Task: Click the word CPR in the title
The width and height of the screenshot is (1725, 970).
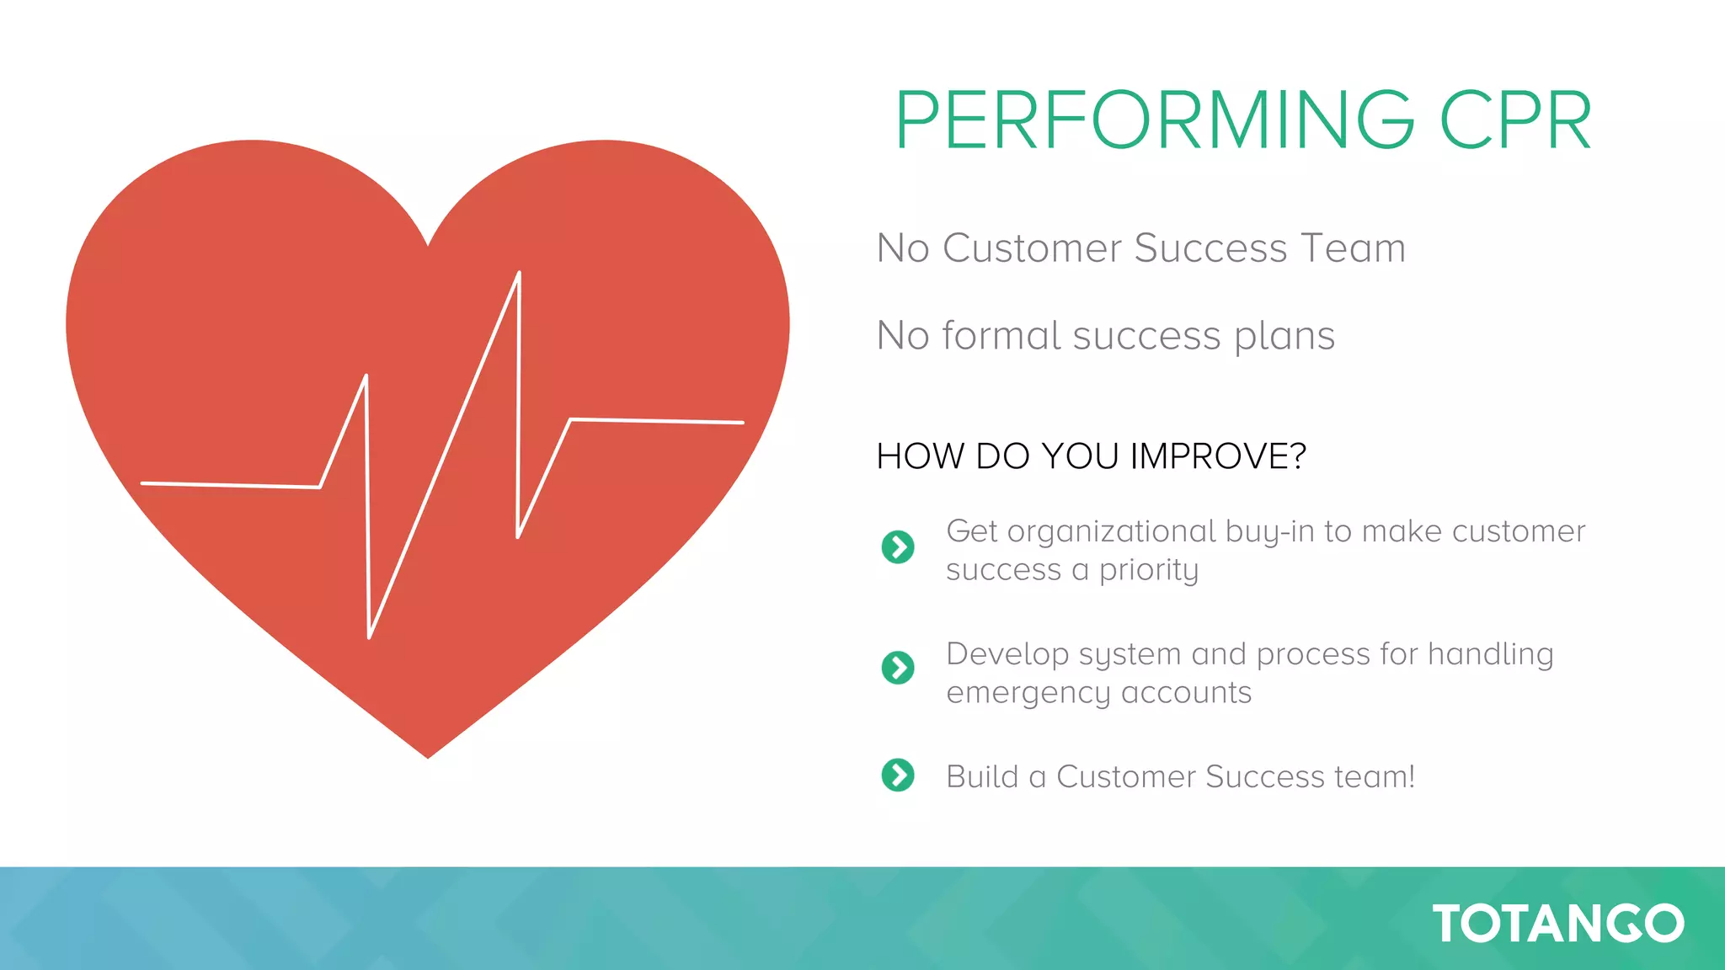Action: [1516, 121]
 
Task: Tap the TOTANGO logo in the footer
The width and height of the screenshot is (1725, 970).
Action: [1558, 924]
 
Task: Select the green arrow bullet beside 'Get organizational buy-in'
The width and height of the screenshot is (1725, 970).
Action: [898, 547]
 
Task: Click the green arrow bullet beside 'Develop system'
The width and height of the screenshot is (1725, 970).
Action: [898, 668]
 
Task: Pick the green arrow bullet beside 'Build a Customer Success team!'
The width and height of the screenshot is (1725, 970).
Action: [898, 775]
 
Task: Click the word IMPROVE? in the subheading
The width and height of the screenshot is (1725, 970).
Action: [1218, 456]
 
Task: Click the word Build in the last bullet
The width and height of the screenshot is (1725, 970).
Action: [982, 776]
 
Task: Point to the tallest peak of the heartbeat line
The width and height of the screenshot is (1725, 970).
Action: [519, 273]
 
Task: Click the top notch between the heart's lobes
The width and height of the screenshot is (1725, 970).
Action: [429, 244]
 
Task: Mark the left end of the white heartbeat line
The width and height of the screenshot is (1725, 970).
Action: [142, 483]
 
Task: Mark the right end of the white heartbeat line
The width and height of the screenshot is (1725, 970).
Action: [742, 423]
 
